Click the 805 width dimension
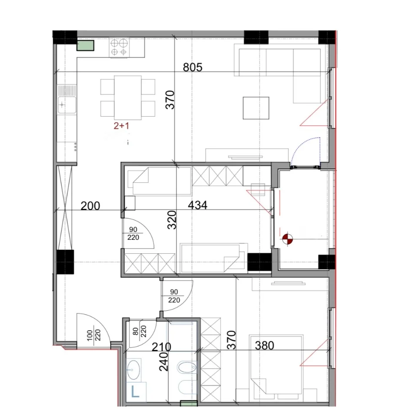pyautogui.click(x=193, y=67)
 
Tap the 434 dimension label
pyautogui.click(x=197, y=205)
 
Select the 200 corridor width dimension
pyautogui.click(x=90, y=206)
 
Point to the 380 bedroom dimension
pyautogui.click(x=264, y=345)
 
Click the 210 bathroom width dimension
pyautogui.click(x=161, y=347)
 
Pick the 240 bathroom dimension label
pyautogui.click(x=164, y=362)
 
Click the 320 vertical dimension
pyautogui.click(x=172, y=220)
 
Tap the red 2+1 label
pyautogui.click(x=121, y=126)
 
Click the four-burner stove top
pyautogui.click(x=119, y=47)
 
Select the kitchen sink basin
pyautogui.click(x=67, y=105)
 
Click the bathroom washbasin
pyautogui.click(x=133, y=370)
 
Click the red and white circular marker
pyautogui.click(x=287, y=239)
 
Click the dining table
pyautogui.click(x=128, y=98)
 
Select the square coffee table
pyautogui.click(x=256, y=108)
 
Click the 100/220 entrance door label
pyautogui.click(x=94, y=335)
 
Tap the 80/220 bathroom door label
pyautogui.click(x=140, y=331)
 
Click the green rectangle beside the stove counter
pyautogui.click(x=85, y=45)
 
